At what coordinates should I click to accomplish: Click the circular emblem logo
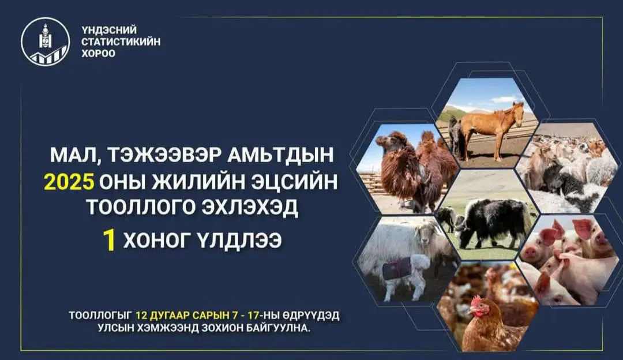point(45,42)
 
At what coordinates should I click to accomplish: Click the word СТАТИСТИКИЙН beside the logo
point(121,42)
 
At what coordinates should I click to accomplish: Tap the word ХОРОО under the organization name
point(98,54)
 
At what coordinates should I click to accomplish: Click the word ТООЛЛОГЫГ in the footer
point(100,316)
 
